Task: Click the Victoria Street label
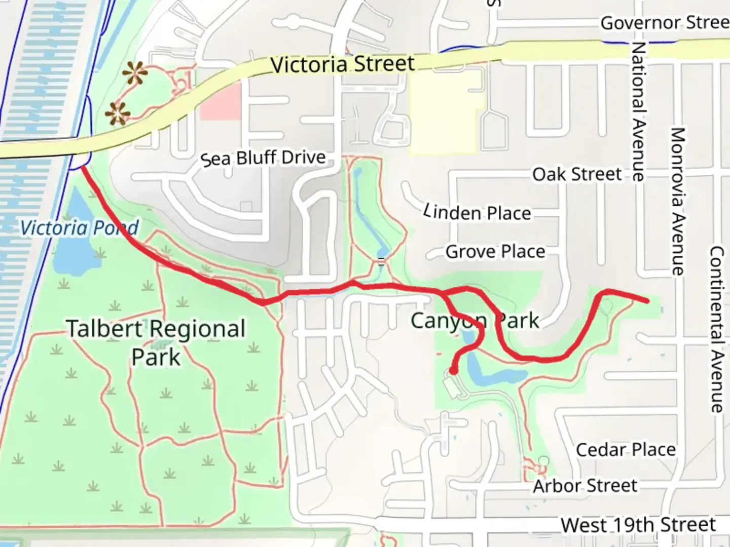tap(343, 64)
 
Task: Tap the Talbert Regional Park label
tap(156, 343)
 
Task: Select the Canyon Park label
tap(474, 321)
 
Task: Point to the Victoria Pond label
tap(79, 228)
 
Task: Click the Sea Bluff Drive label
tap(263, 158)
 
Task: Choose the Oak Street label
tap(577, 175)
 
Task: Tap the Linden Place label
tap(478, 212)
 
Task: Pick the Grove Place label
tap(495, 252)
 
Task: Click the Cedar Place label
tap(626, 450)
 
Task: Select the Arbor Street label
tap(585, 486)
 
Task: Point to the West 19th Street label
tap(638, 525)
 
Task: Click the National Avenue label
tap(638, 111)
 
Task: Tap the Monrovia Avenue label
tap(678, 202)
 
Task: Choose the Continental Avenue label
tap(716, 329)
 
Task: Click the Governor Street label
tap(664, 23)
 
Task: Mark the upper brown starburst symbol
tap(135, 74)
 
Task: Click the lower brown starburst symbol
tap(118, 114)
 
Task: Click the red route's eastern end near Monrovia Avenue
tap(647, 301)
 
